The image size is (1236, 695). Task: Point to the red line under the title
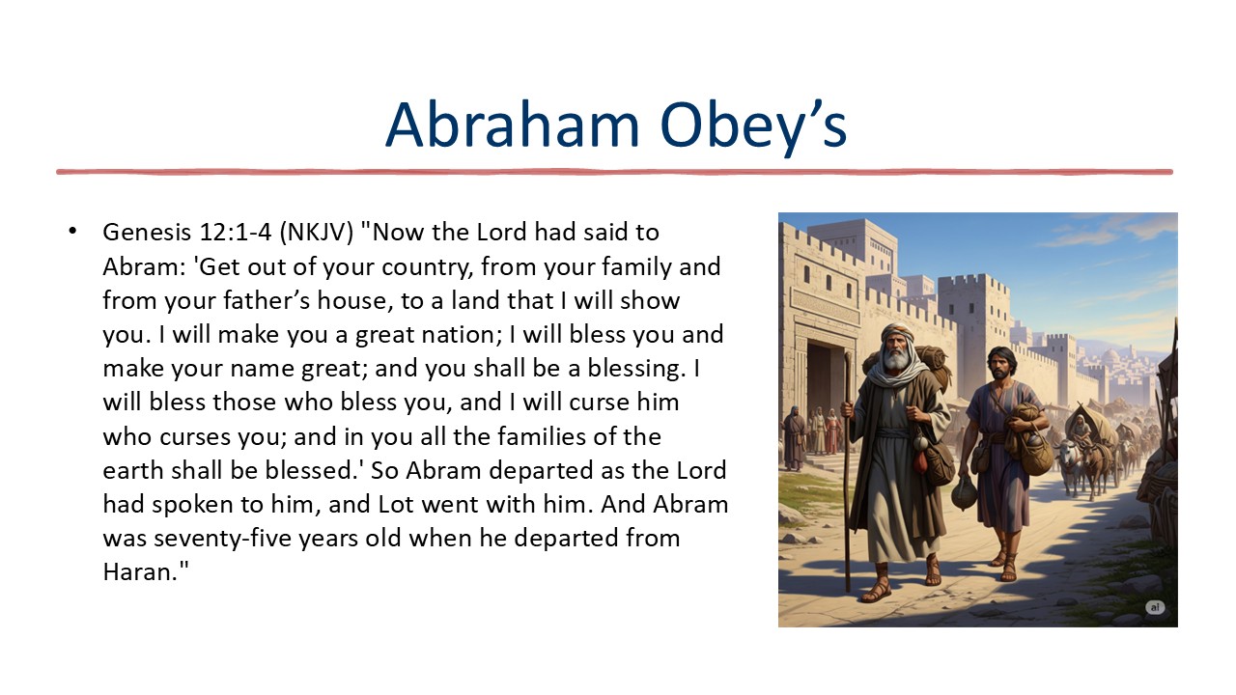[614, 172]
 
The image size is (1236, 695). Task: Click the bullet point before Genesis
[71, 232]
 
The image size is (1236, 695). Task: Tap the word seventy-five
[232, 538]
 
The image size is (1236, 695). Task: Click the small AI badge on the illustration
[1155, 607]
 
